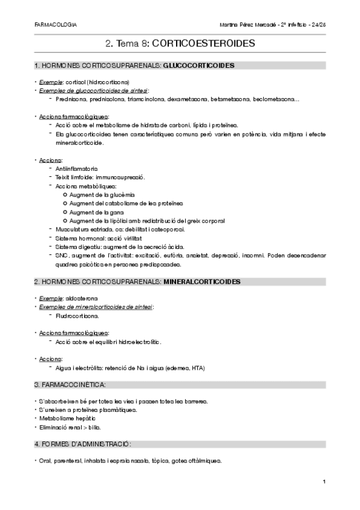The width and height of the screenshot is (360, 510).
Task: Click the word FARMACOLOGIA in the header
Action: [56, 26]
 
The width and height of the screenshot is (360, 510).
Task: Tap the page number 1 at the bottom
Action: [323, 482]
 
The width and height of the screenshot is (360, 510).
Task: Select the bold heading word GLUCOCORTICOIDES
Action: [199, 65]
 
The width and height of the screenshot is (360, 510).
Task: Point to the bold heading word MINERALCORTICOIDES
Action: [202, 281]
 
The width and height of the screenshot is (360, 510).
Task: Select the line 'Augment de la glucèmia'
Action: [102, 195]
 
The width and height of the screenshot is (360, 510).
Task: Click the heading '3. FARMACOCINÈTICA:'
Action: [72, 384]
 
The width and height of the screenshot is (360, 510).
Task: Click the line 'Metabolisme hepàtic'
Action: [67, 419]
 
